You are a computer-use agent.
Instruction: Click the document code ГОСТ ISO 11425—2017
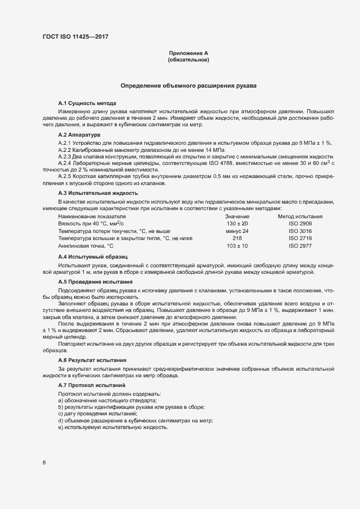pyautogui.click(x=79, y=36)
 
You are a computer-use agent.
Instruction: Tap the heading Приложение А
pyautogui.click(x=188, y=53)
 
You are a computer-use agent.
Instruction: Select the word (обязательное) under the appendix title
pyautogui.click(x=188, y=60)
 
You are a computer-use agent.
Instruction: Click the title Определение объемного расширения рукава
pyautogui.click(x=188, y=86)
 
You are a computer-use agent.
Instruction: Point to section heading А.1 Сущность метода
pyautogui.click(x=87, y=103)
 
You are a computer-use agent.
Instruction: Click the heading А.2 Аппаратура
pyautogui.click(x=79, y=134)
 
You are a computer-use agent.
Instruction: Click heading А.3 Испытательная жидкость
pyautogui.click(x=98, y=193)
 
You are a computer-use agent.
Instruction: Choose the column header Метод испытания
pyautogui.click(x=300, y=216)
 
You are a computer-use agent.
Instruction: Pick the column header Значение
pyautogui.click(x=237, y=216)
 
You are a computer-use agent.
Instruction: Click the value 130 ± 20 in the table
pyautogui.click(x=237, y=224)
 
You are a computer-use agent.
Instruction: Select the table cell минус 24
pyautogui.click(x=237, y=231)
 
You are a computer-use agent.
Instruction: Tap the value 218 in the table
pyautogui.click(x=237, y=238)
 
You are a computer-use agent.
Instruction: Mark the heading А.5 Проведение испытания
pyautogui.click(x=95, y=281)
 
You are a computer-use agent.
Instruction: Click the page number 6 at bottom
pyautogui.click(x=44, y=463)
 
